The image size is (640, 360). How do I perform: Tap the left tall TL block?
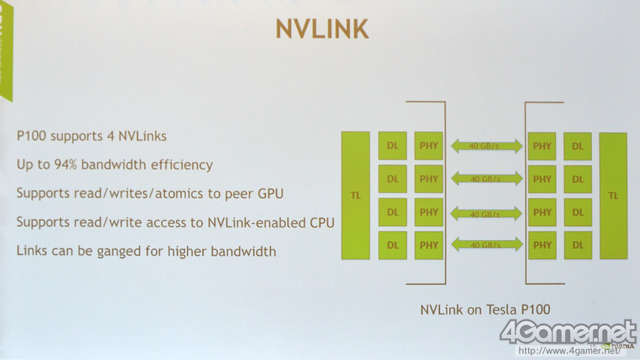tap(356, 196)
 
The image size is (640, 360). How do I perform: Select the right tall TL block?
tap(613, 196)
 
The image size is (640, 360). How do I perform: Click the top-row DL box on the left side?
tap(392, 146)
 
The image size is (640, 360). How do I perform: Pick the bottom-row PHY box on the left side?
tap(429, 245)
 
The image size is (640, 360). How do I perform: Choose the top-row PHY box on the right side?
tap(542, 146)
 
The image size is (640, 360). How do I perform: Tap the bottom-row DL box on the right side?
tap(577, 245)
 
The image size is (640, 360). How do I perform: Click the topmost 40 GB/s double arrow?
tap(486, 146)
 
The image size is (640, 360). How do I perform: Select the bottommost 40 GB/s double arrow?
tap(486, 245)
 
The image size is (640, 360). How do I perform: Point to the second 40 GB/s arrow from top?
tap(486, 179)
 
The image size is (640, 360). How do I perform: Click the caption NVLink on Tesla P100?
tap(485, 309)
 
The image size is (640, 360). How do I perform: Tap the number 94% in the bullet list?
tap(65, 165)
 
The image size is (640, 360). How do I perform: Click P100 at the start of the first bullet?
tap(32, 136)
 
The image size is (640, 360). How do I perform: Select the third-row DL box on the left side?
tap(392, 212)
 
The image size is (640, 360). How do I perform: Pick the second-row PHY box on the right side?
tap(542, 179)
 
